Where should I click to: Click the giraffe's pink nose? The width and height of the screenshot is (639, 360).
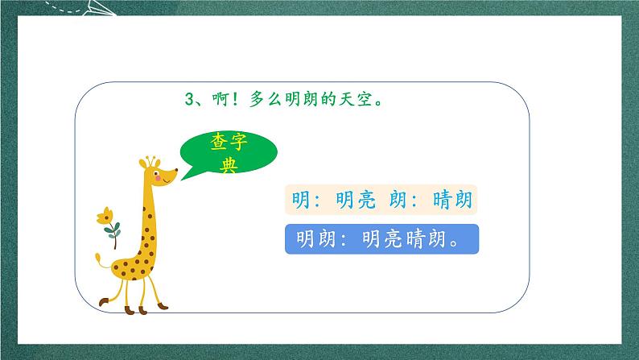pyautogui.click(x=175, y=171)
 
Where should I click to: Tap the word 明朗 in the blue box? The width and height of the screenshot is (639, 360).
pyautogui.click(x=314, y=239)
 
